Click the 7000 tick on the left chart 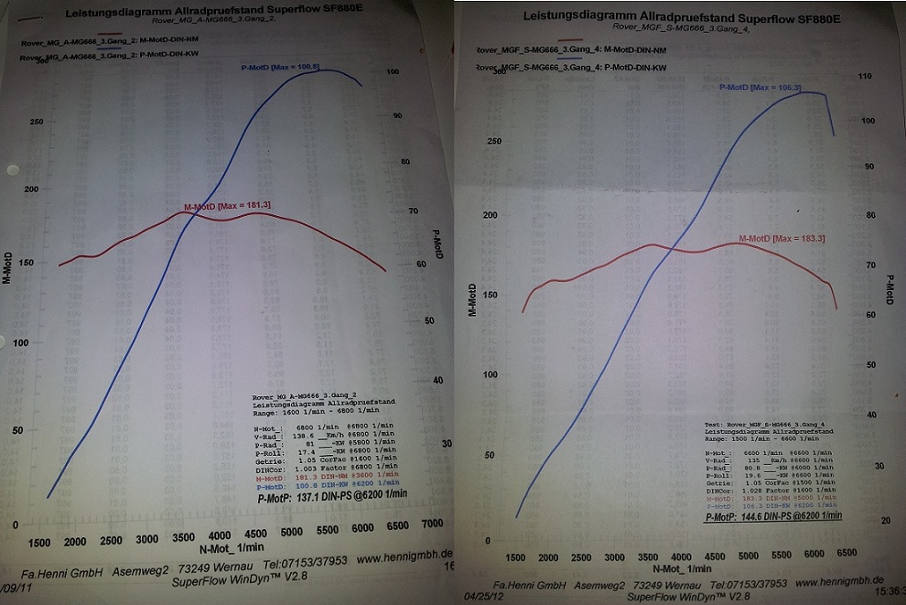pos(432,525)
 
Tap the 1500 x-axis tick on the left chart pos(38,542)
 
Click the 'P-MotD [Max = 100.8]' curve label pos(279,67)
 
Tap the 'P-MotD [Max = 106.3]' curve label pos(760,88)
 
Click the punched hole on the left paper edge pos(11,169)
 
